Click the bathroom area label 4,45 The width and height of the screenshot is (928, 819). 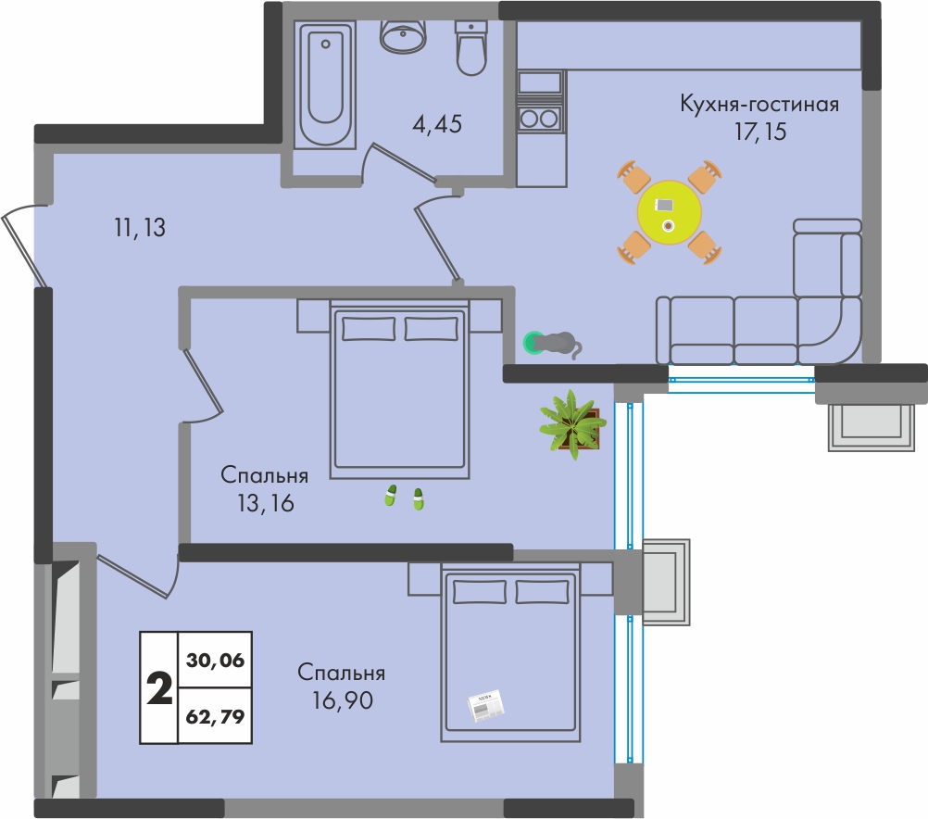coord(437,124)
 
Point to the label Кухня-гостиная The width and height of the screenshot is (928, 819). coord(759,104)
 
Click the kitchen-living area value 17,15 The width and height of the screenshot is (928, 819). coord(760,131)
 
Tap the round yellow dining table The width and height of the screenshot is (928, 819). coord(670,212)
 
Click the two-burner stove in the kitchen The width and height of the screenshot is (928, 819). coord(539,118)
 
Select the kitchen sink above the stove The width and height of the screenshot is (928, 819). coord(539,82)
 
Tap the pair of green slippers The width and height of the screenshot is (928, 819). coord(404,498)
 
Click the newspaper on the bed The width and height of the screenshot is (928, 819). coord(486,705)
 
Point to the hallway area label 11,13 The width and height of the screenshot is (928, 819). coord(140,227)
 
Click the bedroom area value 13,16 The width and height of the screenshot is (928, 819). coord(266,503)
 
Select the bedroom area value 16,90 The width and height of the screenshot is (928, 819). coord(343,700)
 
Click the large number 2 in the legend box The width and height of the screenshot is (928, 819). coord(159,688)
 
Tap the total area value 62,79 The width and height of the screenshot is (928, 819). coord(215,716)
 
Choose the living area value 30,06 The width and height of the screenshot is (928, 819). coord(215,660)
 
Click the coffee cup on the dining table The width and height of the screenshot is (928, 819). coord(669,225)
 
